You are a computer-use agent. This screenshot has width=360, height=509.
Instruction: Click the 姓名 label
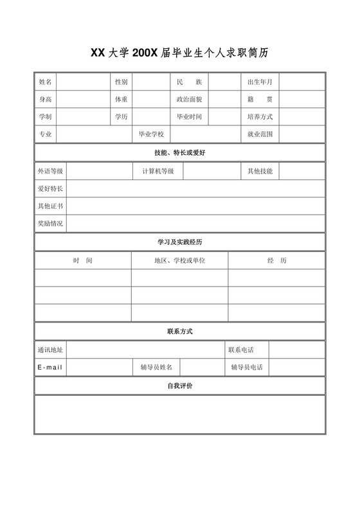[45, 82]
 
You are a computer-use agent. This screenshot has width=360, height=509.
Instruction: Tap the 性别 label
[121, 82]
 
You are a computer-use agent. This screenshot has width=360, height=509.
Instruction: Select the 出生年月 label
[260, 82]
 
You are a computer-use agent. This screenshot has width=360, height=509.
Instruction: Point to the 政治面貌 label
[189, 100]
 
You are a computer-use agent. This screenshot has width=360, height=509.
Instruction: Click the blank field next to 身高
[83, 100]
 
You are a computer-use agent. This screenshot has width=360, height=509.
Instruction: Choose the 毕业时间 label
[189, 117]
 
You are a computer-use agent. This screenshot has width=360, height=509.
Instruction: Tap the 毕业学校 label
[152, 134]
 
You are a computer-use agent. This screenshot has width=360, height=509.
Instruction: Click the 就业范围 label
[260, 134]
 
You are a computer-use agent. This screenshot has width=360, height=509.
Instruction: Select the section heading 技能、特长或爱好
[179, 153]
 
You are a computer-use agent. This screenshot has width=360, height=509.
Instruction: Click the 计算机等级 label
[157, 171]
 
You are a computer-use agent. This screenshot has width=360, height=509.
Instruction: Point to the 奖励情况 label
[50, 224]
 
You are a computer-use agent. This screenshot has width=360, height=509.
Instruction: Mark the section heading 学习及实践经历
[179, 242]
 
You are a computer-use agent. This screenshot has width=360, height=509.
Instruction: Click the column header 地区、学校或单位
[179, 260]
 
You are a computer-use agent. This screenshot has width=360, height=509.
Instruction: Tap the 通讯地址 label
[50, 350]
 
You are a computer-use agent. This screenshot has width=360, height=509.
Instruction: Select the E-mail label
[50, 367]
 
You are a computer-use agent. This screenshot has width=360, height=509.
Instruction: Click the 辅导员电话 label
[247, 367]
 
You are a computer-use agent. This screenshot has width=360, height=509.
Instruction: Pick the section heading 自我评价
[179, 386]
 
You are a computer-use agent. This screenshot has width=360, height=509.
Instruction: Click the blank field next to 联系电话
[296, 350]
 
